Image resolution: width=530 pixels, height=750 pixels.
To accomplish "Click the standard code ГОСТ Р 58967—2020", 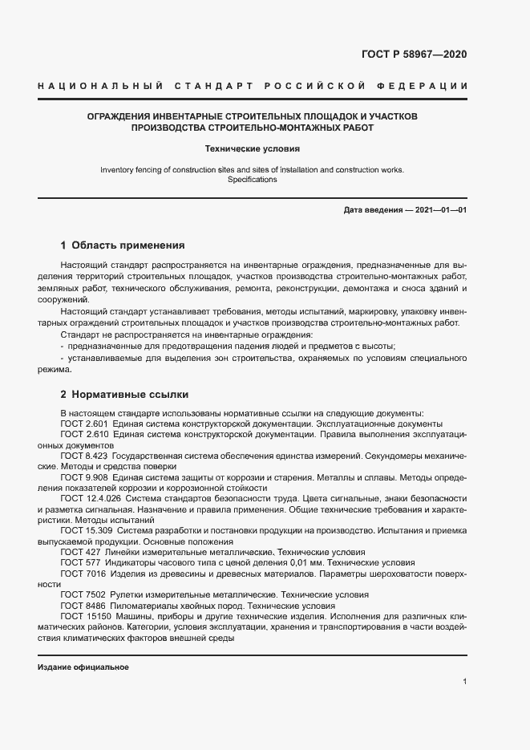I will [x=414, y=55].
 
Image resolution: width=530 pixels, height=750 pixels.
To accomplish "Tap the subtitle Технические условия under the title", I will [x=253, y=148].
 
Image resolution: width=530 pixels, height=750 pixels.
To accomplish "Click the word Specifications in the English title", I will [x=253, y=180].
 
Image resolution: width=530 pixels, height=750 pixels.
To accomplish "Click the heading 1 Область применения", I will [x=123, y=245].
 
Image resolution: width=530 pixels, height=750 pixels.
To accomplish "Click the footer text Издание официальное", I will [x=83, y=667].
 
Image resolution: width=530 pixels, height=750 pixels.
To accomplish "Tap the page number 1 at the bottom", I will [x=465, y=682].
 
